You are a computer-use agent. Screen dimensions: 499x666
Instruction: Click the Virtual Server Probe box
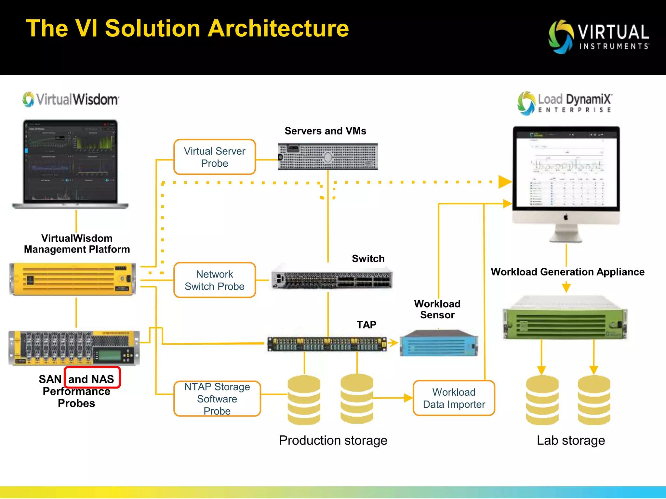tap(215, 157)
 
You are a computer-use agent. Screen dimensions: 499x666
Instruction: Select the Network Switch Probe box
tap(215, 280)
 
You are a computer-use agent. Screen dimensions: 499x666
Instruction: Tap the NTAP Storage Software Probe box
tap(217, 399)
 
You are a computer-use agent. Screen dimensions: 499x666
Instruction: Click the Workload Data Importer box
tap(454, 398)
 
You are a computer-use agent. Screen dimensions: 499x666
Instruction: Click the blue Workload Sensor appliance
tap(438, 344)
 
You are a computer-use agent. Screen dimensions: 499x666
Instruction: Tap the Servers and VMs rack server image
tap(328, 157)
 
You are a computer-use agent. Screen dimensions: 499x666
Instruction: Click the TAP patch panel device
tap(327, 344)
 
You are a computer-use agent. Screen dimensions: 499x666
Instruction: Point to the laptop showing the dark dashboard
tap(70, 164)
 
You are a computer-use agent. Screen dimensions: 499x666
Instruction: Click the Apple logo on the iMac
tap(566, 217)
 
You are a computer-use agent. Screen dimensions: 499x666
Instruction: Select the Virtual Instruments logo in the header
tap(598, 37)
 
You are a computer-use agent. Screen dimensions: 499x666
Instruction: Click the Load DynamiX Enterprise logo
tap(565, 103)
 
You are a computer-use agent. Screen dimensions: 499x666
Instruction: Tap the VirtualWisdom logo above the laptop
tap(71, 99)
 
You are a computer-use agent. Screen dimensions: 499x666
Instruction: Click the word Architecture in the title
tap(278, 29)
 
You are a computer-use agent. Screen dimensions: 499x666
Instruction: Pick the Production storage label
tap(333, 440)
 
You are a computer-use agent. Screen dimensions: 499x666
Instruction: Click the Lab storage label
tap(571, 440)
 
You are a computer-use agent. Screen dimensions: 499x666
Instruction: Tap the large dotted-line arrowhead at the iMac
tap(505, 182)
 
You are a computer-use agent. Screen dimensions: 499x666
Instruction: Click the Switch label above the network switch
tap(368, 259)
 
